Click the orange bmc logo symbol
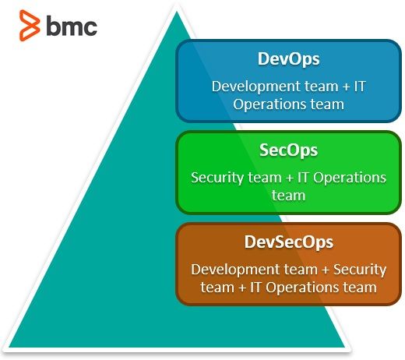coord(30,26)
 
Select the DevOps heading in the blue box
coord(289,59)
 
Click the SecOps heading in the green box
coord(288,150)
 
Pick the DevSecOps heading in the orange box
coord(288,242)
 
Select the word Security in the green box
coord(216,178)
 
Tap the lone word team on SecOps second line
coord(288,196)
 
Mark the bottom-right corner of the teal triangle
coord(344,347)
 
